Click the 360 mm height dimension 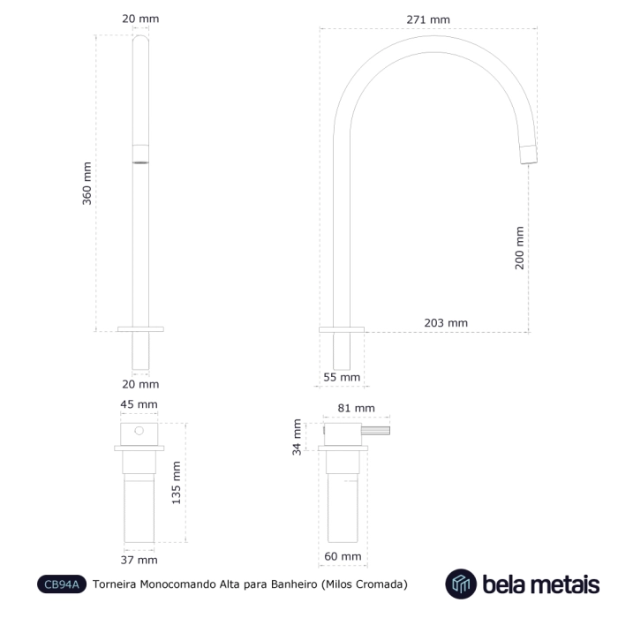(87, 184)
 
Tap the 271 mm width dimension (428, 19)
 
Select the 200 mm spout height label (519, 248)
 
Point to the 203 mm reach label (446, 323)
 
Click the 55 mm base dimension (342, 377)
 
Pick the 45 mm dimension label (139, 404)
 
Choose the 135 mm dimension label (176, 483)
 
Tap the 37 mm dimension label (139, 560)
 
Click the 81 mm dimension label (356, 408)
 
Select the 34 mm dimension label (297, 437)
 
